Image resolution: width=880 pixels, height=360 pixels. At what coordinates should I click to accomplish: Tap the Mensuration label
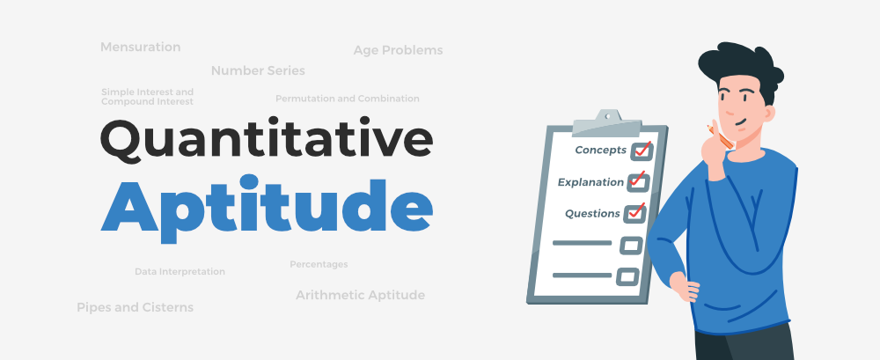pyautogui.click(x=140, y=47)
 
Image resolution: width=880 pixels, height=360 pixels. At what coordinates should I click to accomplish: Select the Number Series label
pyautogui.click(x=258, y=70)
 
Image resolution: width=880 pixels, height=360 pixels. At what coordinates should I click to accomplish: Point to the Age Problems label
pyautogui.click(x=398, y=50)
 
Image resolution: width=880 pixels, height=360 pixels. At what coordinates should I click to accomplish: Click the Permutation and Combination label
pyautogui.click(x=347, y=99)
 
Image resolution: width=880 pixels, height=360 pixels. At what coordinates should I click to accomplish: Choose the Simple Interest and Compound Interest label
pyautogui.click(x=147, y=97)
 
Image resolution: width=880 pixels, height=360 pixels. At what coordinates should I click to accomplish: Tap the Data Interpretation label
pyautogui.click(x=180, y=272)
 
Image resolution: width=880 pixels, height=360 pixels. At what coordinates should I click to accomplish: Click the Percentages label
pyautogui.click(x=319, y=264)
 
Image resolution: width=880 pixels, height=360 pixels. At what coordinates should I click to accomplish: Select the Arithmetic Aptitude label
pyautogui.click(x=360, y=295)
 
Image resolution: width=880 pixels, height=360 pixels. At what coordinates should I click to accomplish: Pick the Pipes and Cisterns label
pyautogui.click(x=135, y=307)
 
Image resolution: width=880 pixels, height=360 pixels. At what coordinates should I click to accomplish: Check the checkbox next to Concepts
pyautogui.click(x=640, y=151)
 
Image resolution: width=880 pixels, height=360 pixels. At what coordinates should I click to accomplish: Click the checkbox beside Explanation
pyautogui.click(x=637, y=182)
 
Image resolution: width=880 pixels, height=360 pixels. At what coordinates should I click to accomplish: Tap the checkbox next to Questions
pyautogui.click(x=634, y=214)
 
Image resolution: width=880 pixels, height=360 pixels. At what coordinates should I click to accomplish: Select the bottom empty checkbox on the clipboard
pyautogui.click(x=627, y=276)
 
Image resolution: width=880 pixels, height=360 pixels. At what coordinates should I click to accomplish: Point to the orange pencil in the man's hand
pyautogui.click(x=720, y=135)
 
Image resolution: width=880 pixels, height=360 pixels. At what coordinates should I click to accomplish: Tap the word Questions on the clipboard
pyautogui.click(x=592, y=214)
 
